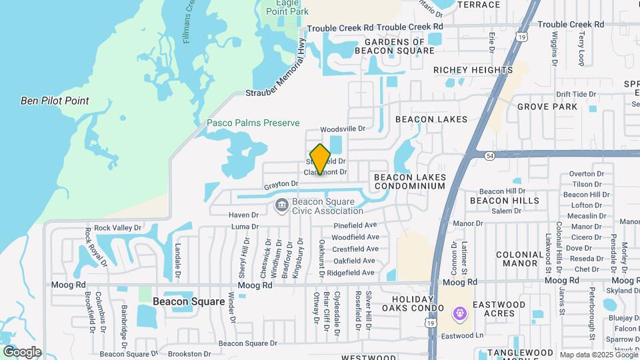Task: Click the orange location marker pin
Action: [x=320, y=159]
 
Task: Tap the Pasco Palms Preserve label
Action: [x=253, y=123]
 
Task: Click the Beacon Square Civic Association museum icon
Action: [x=281, y=204]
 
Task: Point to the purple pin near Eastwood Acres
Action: [x=459, y=313]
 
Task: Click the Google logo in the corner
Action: [x=22, y=352]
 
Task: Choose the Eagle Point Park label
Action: [x=287, y=7]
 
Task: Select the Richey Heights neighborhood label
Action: [x=473, y=70]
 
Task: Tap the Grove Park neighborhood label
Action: [x=547, y=107]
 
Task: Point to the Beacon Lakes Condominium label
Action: [x=409, y=181]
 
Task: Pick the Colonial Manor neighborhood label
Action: [x=520, y=259]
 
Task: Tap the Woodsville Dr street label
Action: [x=343, y=129]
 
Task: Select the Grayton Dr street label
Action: [x=281, y=183]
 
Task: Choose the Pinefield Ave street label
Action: [x=355, y=225]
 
